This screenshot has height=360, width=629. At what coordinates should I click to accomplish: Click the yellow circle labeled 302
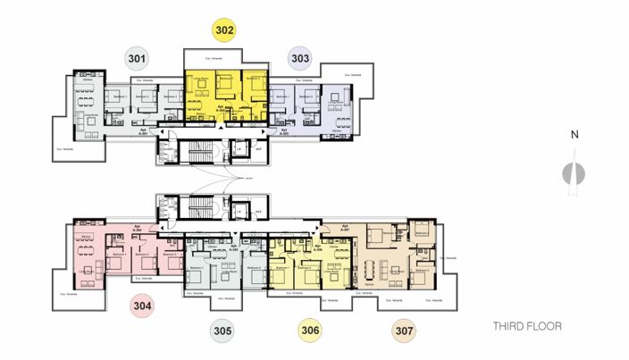pyautogui.click(x=224, y=30)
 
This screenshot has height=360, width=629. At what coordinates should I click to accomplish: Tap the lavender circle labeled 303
pyautogui.click(x=300, y=59)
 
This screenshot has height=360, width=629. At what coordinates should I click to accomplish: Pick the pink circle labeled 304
pyautogui.click(x=144, y=305)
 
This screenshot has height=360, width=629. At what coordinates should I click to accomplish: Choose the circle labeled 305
pyautogui.click(x=223, y=331)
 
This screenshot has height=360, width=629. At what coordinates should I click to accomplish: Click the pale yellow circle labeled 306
pyautogui.click(x=310, y=331)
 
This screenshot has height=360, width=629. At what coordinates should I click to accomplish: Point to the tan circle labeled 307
pyautogui.click(x=405, y=331)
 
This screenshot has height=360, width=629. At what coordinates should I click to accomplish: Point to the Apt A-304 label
pyautogui.click(x=138, y=228)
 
